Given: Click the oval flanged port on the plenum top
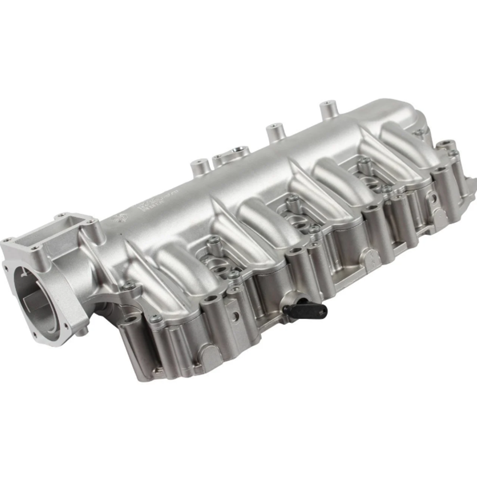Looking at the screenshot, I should [x=231, y=156].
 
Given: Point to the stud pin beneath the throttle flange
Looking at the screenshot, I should [x=84, y=332].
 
